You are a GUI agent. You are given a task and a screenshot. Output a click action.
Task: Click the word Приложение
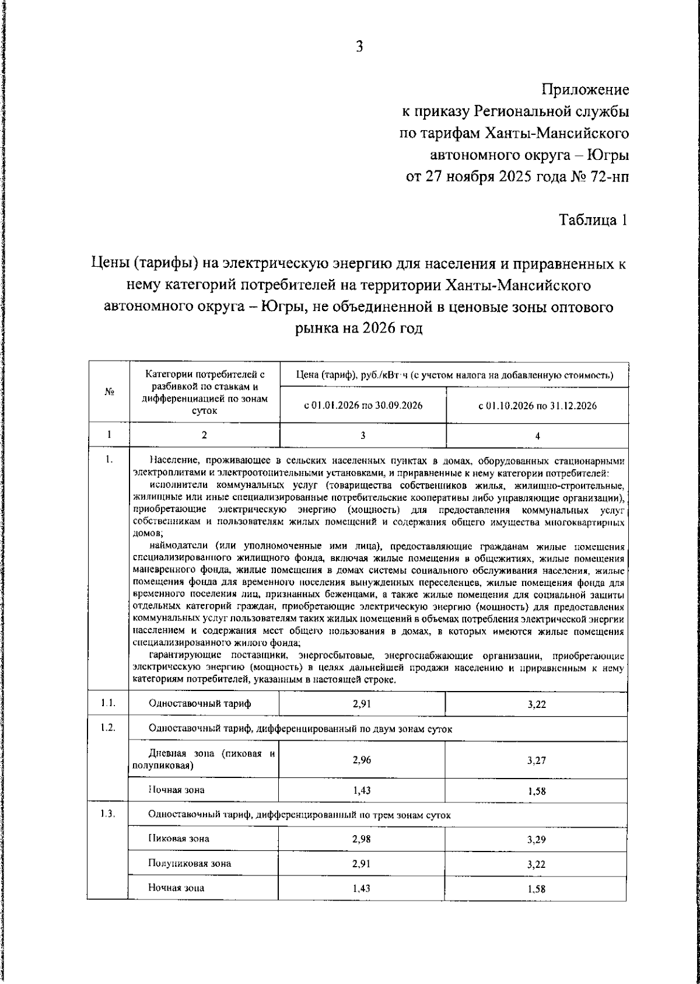click(x=586, y=90)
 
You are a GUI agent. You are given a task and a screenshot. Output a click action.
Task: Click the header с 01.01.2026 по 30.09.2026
click(x=363, y=406)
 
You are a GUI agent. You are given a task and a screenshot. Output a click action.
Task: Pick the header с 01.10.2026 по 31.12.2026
click(x=537, y=406)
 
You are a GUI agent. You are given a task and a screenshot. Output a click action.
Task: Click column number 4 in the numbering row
click(x=537, y=435)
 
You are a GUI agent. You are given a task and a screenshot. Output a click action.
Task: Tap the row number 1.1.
click(x=107, y=703)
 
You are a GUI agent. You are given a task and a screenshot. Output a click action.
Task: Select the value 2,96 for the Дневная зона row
click(x=362, y=760)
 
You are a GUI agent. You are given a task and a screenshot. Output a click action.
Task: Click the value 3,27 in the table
click(x=536, y=760)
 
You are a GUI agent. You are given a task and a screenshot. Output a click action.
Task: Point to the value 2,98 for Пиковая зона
click(x=362, y=839)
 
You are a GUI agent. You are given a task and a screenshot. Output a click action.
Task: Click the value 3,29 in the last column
click(x=536, y=839)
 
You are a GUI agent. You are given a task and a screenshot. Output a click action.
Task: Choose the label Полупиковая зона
click(x=190, y=863)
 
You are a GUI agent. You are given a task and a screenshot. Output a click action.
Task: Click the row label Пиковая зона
click(x=178, y=839)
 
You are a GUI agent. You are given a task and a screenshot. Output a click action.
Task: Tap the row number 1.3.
click(x=107, y=814)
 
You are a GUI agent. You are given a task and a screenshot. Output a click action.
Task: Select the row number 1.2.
click(x=107, y=728)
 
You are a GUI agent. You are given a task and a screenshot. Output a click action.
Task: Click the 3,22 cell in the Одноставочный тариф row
click(x=536, y=704)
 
